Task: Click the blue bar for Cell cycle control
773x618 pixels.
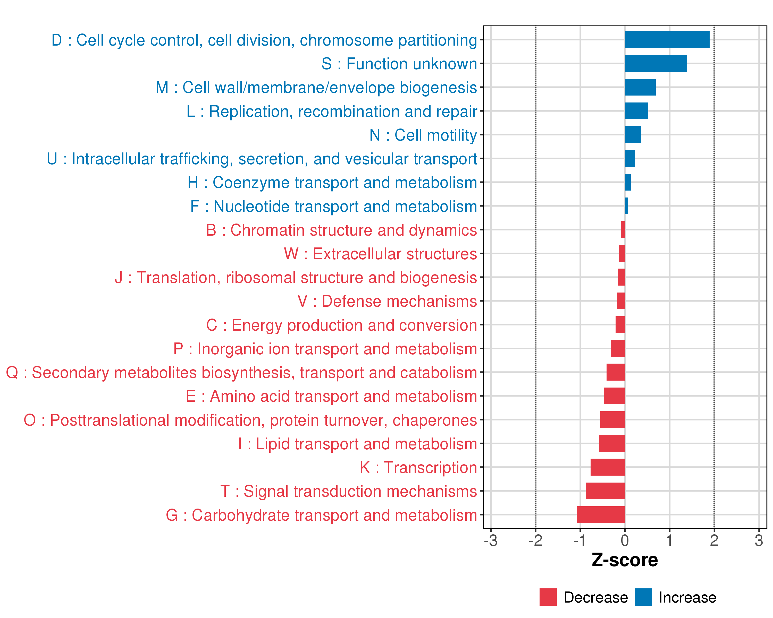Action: click(667, 40)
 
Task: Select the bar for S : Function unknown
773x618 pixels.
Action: click(656, 63)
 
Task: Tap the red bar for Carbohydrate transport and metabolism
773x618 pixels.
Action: click(601, 514)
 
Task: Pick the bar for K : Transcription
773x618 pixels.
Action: click(608, 467)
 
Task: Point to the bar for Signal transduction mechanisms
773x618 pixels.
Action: click(605, 491)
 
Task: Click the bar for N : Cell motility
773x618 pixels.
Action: click(633, 135)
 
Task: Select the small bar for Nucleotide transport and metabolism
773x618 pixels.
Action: click(626, 206)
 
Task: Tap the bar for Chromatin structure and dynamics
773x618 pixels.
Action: click(623, 230)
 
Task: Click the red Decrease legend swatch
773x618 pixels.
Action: click(548, 597)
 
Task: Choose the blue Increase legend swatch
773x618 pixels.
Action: click(643, 597)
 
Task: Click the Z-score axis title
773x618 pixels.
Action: click(625, 560)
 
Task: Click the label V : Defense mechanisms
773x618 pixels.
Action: click(387, 301)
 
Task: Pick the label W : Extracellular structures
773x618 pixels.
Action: click(380, 254)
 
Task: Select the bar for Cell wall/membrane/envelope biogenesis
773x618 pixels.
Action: click(640, 87)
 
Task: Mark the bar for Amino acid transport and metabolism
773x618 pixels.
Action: click(614, 396)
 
